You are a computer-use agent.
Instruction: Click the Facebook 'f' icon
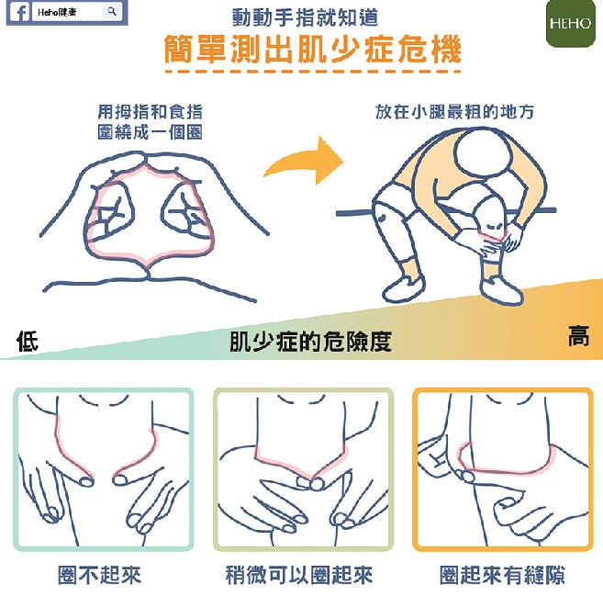pos(19,12)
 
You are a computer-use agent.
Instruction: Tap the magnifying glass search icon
pos(112,12)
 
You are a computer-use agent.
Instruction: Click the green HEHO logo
pos(570,23)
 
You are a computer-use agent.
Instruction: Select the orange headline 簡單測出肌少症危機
pos(312,49)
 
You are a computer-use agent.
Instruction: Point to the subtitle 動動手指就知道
pos(305,17)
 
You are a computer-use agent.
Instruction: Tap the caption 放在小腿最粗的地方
pos(454,112)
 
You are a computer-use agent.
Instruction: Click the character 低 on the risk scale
pos(28,341)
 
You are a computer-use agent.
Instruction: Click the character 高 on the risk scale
pos(579,335)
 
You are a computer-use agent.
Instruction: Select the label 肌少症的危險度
pos(310,342)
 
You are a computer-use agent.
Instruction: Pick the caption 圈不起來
pos(99,575)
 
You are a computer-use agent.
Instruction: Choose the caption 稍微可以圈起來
pos(299,575)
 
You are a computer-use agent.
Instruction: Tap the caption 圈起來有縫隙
pos(502,575)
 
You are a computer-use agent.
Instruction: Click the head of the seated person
pos(484,152)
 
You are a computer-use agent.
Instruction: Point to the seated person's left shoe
pos(404,287)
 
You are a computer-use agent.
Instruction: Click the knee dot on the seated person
pos(382,219)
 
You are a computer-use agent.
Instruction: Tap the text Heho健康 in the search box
pos(57,12)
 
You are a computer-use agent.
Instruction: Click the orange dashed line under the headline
pos(312,72)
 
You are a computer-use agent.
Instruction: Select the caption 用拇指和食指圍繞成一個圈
pos(150,122)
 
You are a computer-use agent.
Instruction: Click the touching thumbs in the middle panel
pos(310,482)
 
